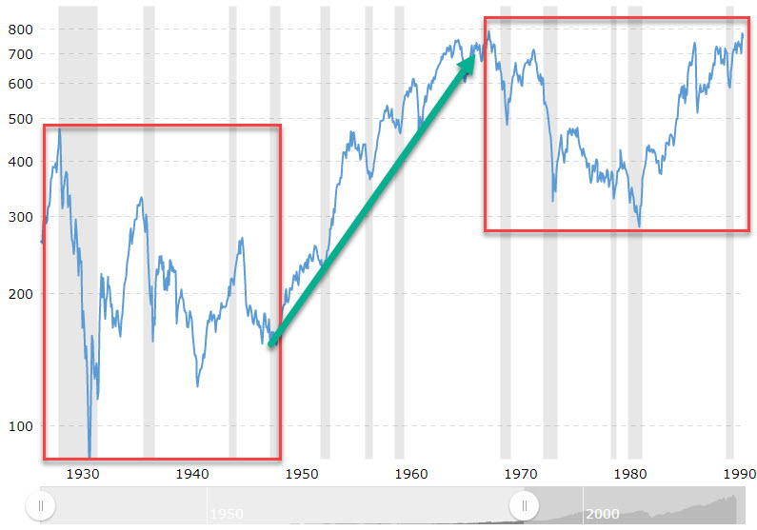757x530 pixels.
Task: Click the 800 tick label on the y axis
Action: pyautogui.click(x=21, y=29)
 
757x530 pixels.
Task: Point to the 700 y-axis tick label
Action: pyautogui.click(x=21, y=54)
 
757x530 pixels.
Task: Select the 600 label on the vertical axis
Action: pyautogui.click(x=21, y=83)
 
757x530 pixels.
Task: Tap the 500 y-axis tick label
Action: pyautogui.click(x=21, y=119)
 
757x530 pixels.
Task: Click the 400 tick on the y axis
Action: pyautogui.click(x=21, y=162)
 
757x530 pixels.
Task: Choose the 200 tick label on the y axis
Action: pyautogui.click(x=21, y=293)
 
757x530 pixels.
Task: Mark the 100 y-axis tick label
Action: pyautogui.click(x=21, y=424)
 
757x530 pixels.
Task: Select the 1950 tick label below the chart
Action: pyautogui.click(x=302, y=473)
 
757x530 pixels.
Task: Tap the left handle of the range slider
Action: pyautogui.click(x=40, y=507)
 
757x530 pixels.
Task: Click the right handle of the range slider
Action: pyautogui.click(x=523, y=507)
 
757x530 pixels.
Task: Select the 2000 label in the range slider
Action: pyautogui.click(x=603, y=514)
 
